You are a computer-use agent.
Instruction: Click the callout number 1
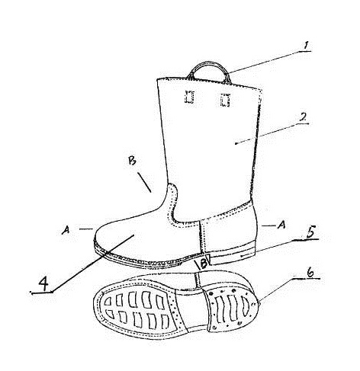306,46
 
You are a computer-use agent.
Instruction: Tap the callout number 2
303,117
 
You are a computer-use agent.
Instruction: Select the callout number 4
43,283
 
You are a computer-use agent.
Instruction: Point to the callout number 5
310,232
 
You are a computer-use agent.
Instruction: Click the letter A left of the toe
66,230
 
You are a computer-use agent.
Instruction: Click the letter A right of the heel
281,225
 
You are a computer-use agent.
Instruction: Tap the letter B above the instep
132,161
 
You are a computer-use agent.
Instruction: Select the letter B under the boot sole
204,264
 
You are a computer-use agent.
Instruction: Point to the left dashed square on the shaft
189,97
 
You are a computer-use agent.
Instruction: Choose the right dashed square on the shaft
225,101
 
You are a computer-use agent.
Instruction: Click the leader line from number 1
265,62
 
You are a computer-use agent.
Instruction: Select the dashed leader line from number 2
272,133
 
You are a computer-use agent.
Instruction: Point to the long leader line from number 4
93,264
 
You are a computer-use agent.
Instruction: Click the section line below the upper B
144,182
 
